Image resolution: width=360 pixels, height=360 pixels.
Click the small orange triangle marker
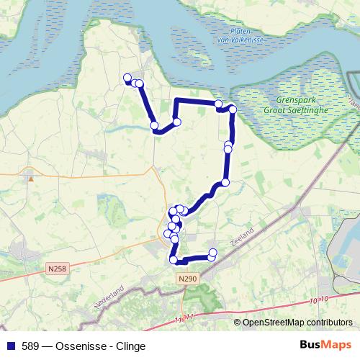[30, 176]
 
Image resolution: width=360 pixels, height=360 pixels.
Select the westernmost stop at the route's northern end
[127, 78]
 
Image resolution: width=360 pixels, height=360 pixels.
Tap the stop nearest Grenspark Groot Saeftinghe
[233, 109]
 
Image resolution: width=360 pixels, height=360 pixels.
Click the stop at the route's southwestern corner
[174, 260]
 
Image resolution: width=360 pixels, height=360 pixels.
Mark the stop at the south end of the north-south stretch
[225, 182]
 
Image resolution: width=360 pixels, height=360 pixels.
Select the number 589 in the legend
[31, 346]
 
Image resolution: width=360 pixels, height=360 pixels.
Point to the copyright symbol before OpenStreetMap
[238, 322]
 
